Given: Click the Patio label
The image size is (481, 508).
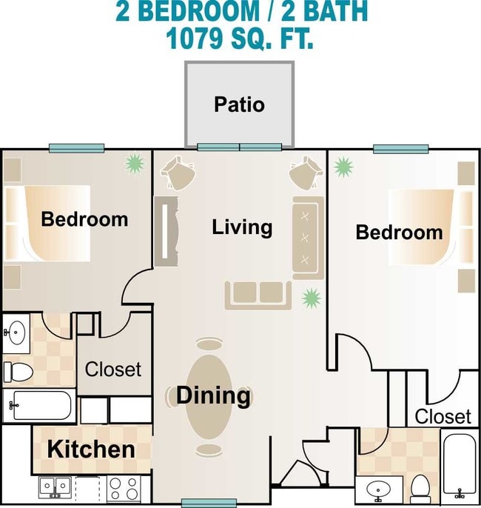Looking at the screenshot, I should (x=239, y=104).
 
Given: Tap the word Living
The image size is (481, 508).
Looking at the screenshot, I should (x=242, y=227).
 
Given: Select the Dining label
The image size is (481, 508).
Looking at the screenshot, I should (x=212, y=395).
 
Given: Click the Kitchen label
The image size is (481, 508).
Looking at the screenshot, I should (x=91, y=449).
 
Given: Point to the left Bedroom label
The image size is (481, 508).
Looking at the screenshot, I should (x=84, y=219).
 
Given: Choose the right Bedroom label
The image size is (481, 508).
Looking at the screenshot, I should (x=400, y=233).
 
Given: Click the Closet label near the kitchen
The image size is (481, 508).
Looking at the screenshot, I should (x=113, y=369).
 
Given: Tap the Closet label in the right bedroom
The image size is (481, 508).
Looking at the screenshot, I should (x=443, y=416).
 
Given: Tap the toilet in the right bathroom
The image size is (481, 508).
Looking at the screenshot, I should (x=420, y=487).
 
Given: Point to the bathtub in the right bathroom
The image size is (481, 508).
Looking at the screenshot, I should (x=460, y=466).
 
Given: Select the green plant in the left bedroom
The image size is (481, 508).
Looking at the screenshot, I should (x=134, y=163).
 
